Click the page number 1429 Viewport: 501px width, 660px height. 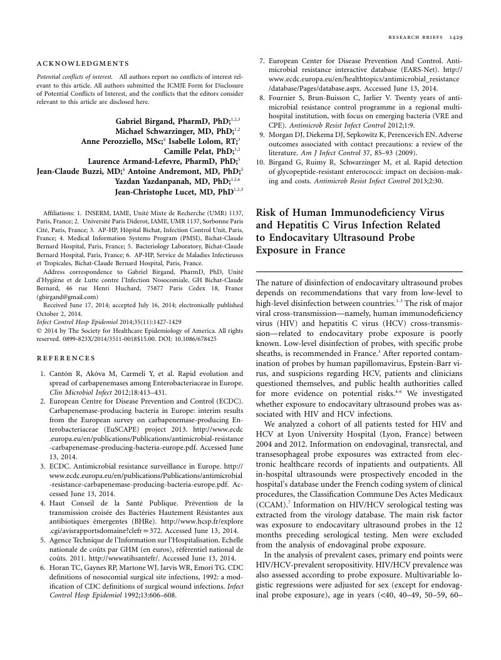[x=455, y=38]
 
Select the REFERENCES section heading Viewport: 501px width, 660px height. [x=66, y=358]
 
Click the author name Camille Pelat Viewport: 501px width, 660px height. [x=192, y=151]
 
